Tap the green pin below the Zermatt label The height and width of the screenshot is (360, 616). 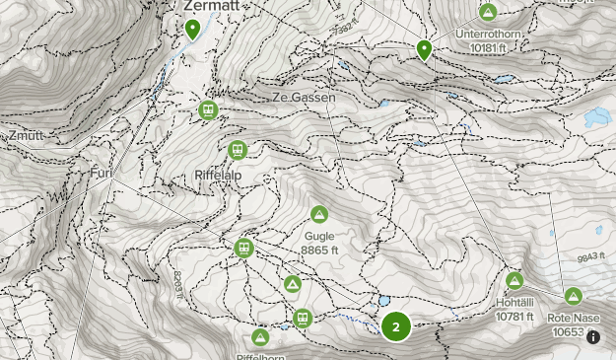[x=193, y=29]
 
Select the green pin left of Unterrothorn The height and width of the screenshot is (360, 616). [x=425, y=48]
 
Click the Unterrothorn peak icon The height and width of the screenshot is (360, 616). [x=488, y=13]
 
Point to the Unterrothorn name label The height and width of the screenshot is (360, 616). [x=489, y=33]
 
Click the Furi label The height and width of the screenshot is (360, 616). [x=101, y=175]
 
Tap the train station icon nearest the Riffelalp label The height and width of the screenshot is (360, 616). [x=237, y=150]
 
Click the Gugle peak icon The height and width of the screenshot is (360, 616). [x=319, y=215]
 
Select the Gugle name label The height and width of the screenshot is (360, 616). [x=319, y=237]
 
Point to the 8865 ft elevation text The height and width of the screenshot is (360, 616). [x=320, y=251]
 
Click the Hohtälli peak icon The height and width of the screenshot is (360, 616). [x=514, y=281]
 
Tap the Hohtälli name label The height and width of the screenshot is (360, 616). [x=514, y=303]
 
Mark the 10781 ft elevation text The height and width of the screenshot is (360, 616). [x=514, y=317]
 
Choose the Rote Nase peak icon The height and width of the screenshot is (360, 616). [x=574, y=296]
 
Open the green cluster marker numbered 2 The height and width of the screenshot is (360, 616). [x=396, y=326]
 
